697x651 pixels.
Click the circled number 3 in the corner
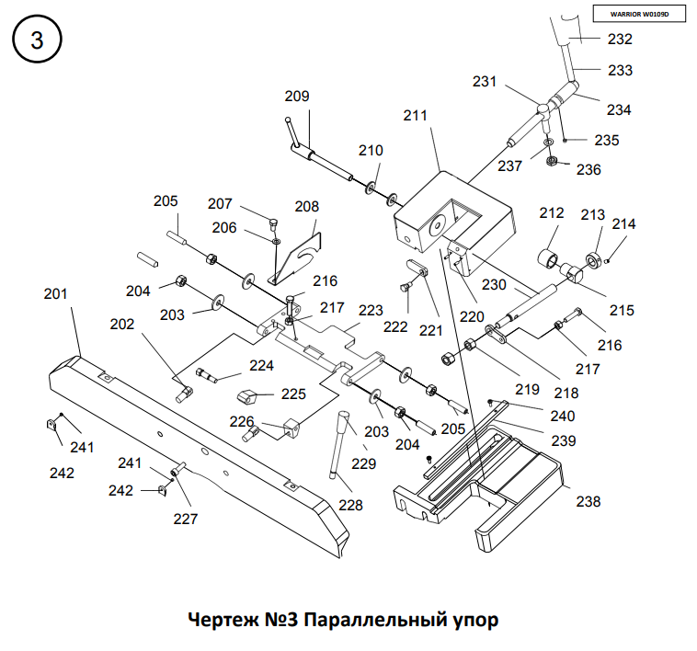[37, 40]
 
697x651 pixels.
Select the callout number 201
[56, 294]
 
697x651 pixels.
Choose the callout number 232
[621, 40]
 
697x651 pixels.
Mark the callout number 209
[297, 96]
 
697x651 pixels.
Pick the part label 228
[350, 505]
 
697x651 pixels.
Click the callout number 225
[293, 394]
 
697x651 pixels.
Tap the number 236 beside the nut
[588, 169]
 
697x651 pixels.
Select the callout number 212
[552, 213]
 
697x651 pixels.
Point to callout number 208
[306, 207]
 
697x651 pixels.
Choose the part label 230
[495, 285]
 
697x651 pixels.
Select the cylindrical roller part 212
[554, 249]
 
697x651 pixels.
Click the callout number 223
[371, 311]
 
